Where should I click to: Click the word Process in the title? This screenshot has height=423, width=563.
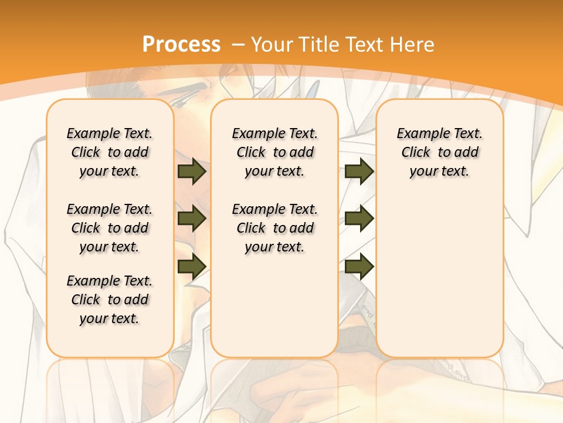pos(181,44)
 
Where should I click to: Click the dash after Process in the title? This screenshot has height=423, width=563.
pos(238,45)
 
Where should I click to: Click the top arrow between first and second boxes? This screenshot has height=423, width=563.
pos(192,171)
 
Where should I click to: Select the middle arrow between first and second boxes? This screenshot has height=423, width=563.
pos(192,219)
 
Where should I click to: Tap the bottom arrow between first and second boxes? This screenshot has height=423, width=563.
pos(192,266)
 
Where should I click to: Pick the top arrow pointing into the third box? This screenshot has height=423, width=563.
pos(359,171)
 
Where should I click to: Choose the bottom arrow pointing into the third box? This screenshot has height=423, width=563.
pos(359,266)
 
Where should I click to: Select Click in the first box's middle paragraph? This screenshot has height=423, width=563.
pos(86,228)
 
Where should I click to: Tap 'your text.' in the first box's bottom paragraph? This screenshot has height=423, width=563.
pos(109,318)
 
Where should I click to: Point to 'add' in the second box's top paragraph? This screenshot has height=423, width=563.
pos(301,152)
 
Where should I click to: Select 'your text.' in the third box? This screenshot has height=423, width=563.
pos(439,171)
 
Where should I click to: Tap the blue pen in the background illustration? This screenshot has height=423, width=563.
pos(313,89)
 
